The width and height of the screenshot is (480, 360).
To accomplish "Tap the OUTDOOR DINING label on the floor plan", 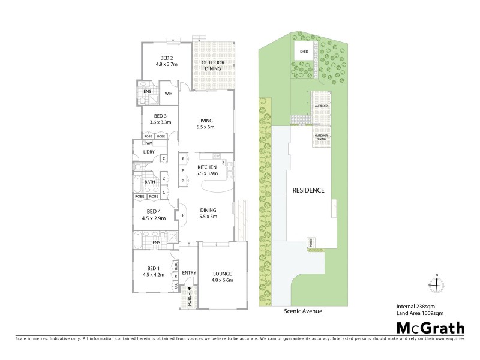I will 211,65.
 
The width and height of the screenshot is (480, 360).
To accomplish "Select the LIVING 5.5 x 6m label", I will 206,124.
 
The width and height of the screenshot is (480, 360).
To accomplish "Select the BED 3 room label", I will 160,119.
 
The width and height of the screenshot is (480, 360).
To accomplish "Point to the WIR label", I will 169,94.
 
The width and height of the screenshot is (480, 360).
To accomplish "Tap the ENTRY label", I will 189,273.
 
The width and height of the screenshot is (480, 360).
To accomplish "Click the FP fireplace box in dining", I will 182,215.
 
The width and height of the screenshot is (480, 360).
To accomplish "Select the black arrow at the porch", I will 190,289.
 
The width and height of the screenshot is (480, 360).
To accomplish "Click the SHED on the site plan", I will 304,52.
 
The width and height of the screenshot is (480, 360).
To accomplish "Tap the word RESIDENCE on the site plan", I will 308,190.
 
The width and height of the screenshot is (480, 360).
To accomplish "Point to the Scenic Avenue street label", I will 307,311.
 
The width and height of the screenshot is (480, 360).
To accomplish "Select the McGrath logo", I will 430,328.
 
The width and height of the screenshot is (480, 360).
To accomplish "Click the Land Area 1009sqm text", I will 420,313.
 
